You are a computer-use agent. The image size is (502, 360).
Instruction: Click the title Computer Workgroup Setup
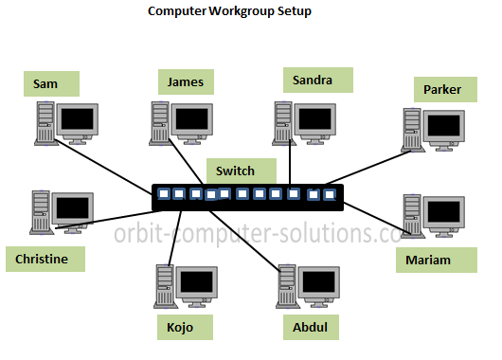(x=229, y=12)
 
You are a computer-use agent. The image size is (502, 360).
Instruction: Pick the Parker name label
(x=443, y=90)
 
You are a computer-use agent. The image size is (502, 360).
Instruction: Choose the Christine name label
(x=42, y=258)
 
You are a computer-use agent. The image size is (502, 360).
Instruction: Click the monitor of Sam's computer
(x=78, y=120)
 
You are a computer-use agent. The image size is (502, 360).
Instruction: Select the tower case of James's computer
(x=159, y=121)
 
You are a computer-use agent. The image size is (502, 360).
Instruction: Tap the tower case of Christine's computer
(x=40, y=210)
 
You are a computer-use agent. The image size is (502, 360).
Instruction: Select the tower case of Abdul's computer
(x=285, y=286)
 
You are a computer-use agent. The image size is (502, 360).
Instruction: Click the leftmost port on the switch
(x=163, y=194)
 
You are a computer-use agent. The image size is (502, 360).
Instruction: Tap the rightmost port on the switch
(x=329, y=194)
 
